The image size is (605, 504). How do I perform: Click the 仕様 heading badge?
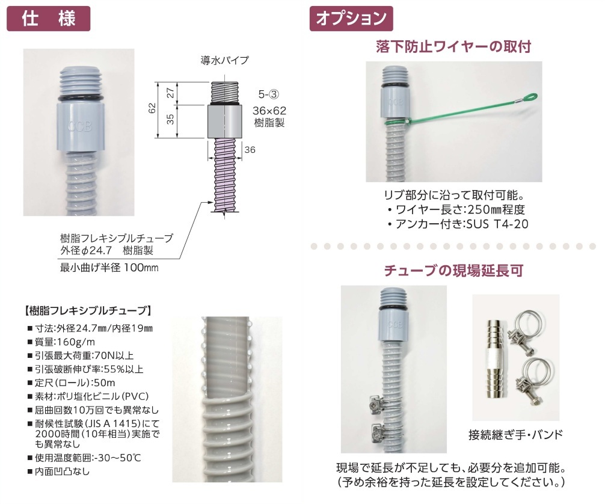(49, 19)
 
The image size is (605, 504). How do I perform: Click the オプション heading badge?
(351, 19)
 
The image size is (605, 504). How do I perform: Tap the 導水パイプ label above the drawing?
(224, 60)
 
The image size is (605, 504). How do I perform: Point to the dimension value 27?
(171, 93)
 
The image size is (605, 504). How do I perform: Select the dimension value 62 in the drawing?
(152, 108)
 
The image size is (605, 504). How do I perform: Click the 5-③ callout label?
(269, 94)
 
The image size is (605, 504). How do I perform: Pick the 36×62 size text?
(269, 111)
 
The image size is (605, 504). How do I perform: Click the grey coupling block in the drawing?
(225, 121)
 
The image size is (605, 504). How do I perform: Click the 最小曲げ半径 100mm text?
(109, 268)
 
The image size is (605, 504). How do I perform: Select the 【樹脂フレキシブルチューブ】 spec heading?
(88, 311)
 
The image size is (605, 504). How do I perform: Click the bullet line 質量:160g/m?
(61, 342)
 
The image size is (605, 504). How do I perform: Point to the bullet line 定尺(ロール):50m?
(72, 383)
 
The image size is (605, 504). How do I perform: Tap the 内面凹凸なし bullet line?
(59, 472)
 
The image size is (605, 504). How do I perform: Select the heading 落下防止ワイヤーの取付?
(453, 47)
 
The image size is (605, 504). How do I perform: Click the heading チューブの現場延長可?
(453, 271)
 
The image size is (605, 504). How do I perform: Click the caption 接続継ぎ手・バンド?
(516, 435)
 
